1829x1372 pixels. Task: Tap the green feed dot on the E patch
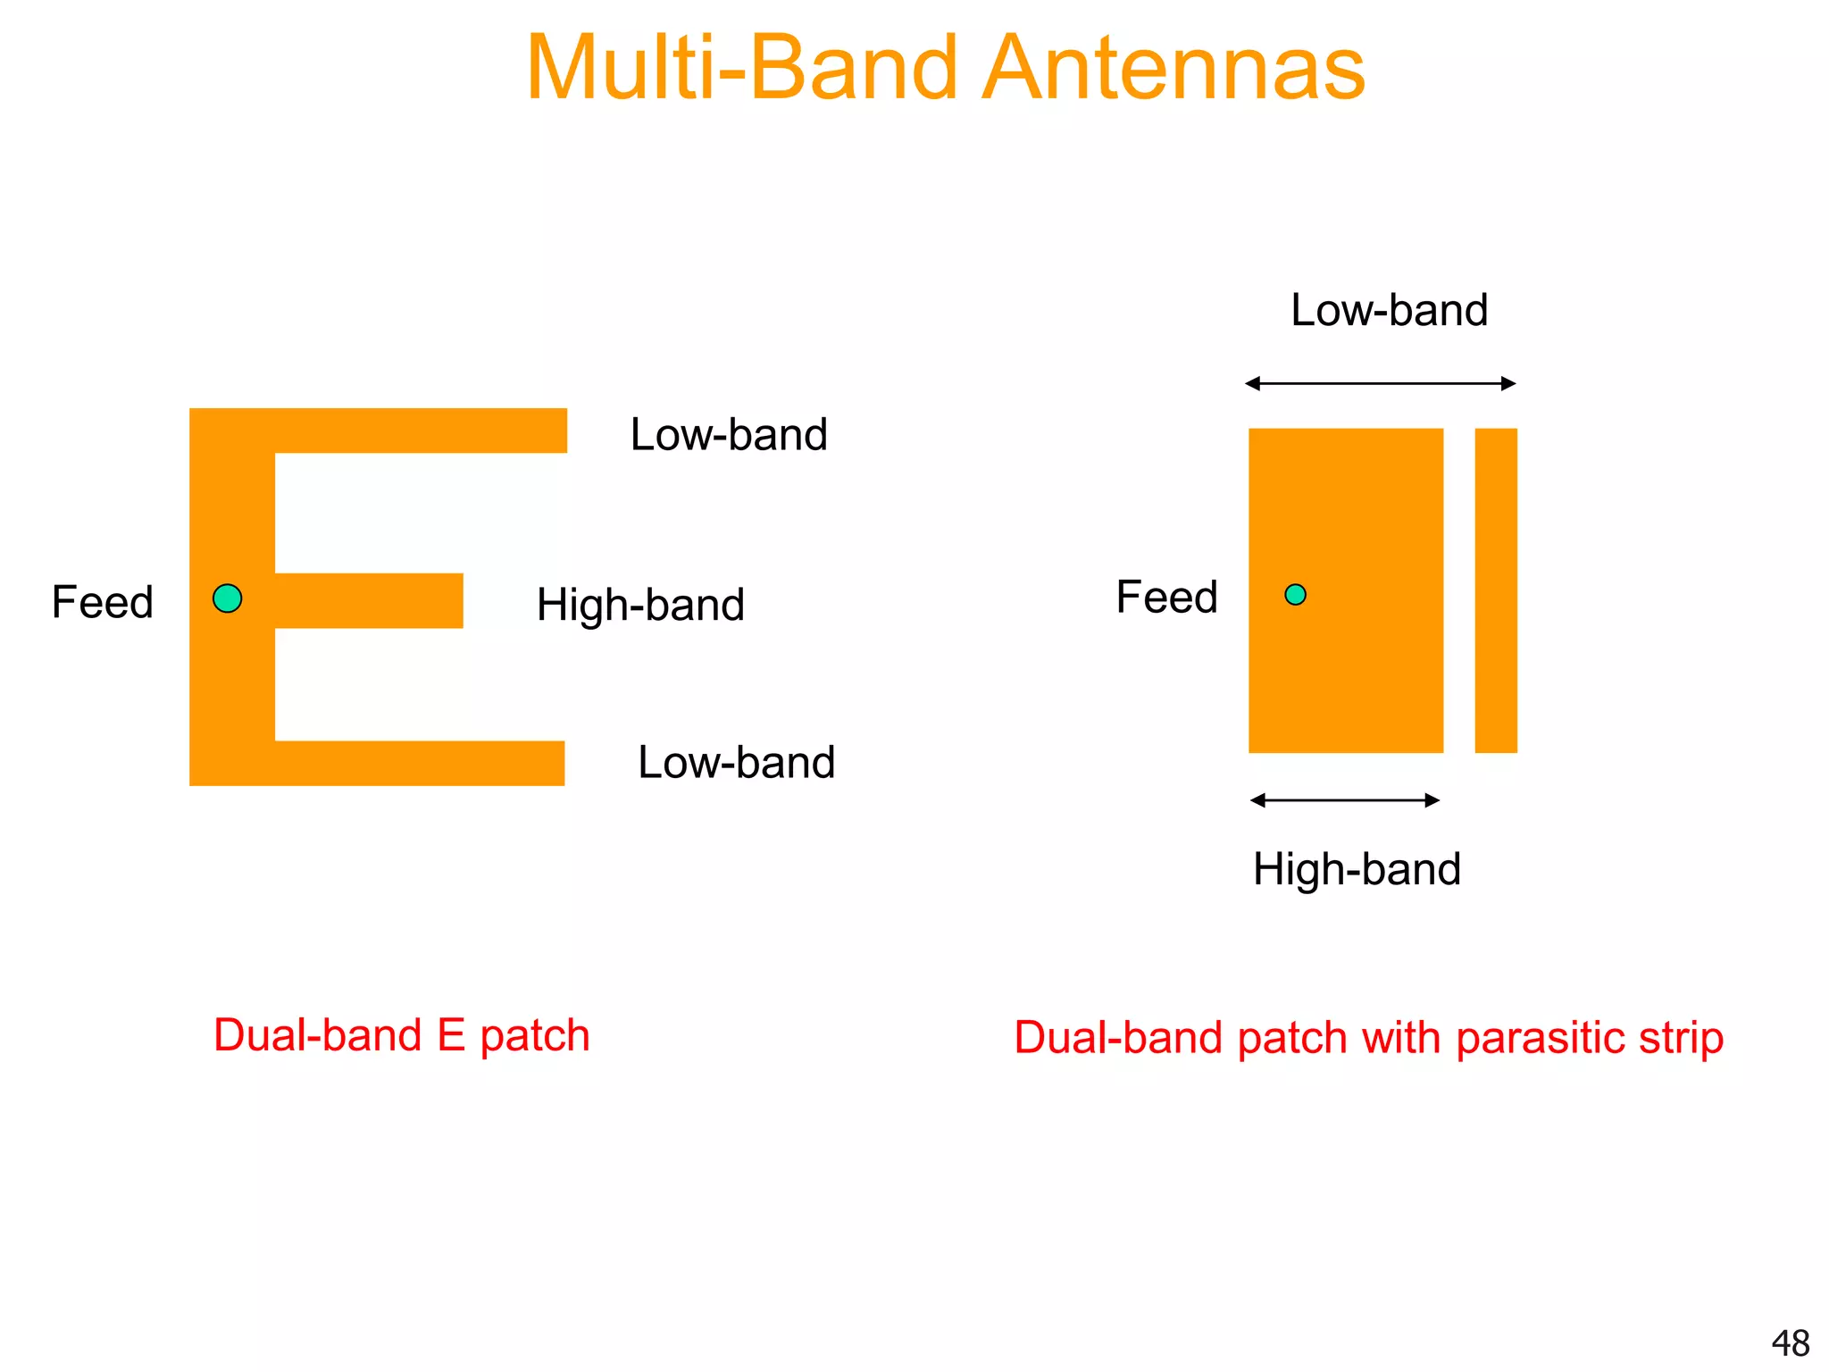pyautogui.click(x=228, y=598)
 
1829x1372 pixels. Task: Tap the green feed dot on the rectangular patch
pyautogui.click(x=1295, y=595)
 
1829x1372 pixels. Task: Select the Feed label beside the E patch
pyautogui.click(x=103, y=601)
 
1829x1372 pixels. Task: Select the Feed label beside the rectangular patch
pyautogui.click(x=1166, y=597)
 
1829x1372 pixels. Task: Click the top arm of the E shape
pyautogui.click(x=420, y=431)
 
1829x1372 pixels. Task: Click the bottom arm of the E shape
pyautogui.click(x=420, y=763)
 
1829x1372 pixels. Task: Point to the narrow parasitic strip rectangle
pyautogui.click(x=1496, y=590)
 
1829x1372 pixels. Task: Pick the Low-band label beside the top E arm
pyautogui.click(x=729, y=435)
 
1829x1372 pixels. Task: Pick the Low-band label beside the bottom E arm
pyautogui.click(x=736, y=763)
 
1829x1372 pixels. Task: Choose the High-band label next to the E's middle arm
pyautogui.click(x=640, y=605)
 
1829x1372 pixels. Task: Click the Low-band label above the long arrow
pyautogui.click(x=1389, y=310)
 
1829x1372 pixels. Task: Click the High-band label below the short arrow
pyautogui.click(x=1357, y=869)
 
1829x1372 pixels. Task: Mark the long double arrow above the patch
pyautogui.click(x=1381, y=384)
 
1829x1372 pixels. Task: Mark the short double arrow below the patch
pyautogui.click(x=1345, y=800)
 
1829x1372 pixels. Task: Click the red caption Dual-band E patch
pyautogui.click(x=401, y=1036)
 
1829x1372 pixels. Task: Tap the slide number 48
pyautogui.click(x=1790, y=1343)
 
